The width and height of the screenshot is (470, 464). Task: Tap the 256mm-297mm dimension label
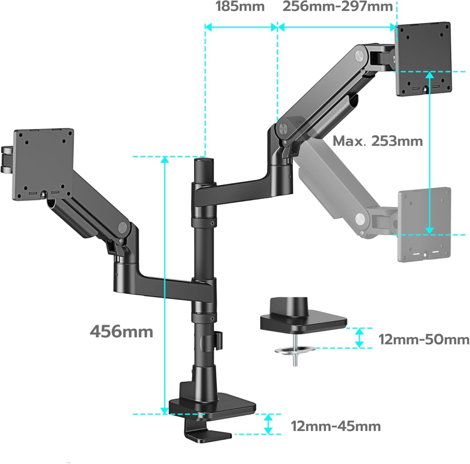coord(337,7)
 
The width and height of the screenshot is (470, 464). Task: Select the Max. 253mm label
coord(378,141)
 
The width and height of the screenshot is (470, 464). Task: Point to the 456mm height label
coord(122,331)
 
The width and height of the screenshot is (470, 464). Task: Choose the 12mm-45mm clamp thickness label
coord(336,426)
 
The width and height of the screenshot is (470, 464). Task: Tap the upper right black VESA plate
coord(424,59)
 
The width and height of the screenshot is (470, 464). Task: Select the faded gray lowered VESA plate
coord(424,224)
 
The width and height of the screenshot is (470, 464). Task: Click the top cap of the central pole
coord(202,162)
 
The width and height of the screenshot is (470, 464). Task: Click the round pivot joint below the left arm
coord(124,227)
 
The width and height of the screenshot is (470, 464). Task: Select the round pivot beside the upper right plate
coord(360,55)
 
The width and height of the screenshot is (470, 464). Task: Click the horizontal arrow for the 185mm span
coord(240,27)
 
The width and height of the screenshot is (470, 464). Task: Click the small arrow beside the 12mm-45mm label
coord(268,424)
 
